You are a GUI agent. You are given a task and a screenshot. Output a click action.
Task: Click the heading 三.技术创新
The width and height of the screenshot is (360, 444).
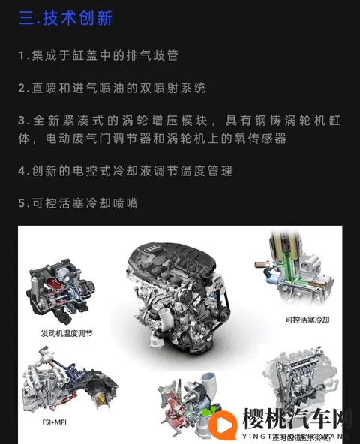click(65, 18)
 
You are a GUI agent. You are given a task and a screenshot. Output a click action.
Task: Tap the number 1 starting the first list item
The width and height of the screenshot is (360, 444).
click(22, 55)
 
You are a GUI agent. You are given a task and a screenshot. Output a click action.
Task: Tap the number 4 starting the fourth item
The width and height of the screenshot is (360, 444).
click(22, 171)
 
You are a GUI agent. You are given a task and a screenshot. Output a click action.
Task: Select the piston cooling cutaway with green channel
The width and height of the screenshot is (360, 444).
click(300, 270)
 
